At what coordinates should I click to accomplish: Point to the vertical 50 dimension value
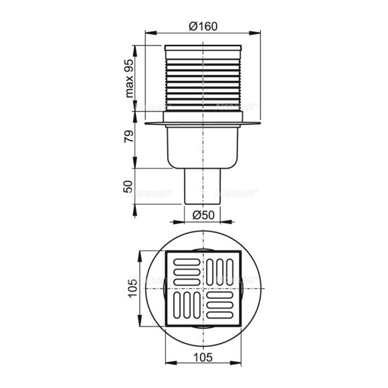tap(131, 187)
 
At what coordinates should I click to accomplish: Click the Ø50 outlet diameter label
tap(202, 215)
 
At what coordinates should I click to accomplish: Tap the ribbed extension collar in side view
tap(202, 84)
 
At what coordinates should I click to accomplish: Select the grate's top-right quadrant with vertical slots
tap(220, 271)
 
